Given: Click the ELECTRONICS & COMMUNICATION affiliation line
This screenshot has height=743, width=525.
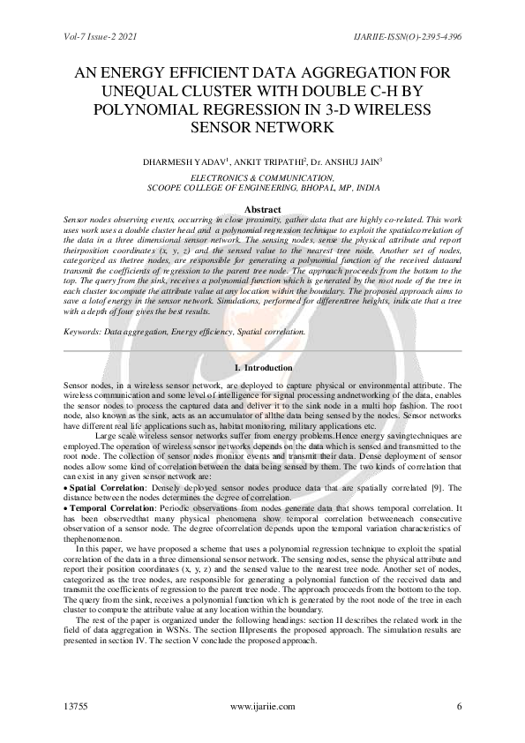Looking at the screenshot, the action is point(263,176).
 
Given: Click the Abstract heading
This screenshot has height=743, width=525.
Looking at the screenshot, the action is point(262,208).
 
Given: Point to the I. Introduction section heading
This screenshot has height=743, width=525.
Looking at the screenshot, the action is point(262,366).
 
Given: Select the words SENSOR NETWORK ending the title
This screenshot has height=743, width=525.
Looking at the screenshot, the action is point(262,128).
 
